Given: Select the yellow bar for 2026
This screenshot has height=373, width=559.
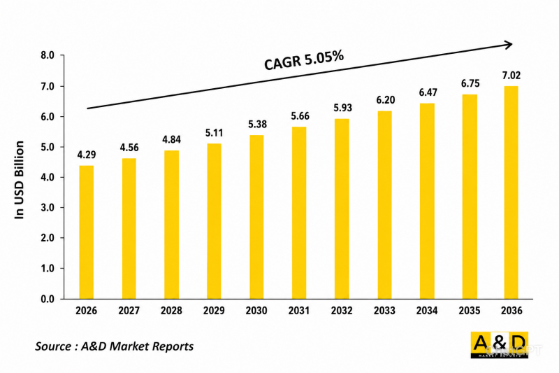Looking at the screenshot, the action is pyautogui.click(x=86, y=232).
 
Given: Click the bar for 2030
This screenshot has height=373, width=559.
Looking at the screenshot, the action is pyautogui.click(x=256, y=217).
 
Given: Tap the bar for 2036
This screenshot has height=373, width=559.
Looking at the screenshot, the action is pyautogui.click(x=511, y=192).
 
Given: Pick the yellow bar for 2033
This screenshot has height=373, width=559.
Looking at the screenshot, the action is pyautogui.click(x=384, y=205).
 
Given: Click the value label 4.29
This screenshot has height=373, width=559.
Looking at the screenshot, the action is pyautogui.click(x=87, y=155).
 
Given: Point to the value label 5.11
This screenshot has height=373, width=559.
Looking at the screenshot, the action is pyautogui.click(x=214, y=133).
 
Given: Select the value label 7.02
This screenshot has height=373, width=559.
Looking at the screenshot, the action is pyautogui.click(x=511, y=76).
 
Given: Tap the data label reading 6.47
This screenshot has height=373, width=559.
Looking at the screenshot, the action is pyautogui.click(x=428, y=92).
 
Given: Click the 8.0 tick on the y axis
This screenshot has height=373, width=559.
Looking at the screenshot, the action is pyautogui.click(x=48, y=55).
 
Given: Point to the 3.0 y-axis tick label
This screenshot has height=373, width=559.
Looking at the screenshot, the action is pyautogui.click(x=48, y=208).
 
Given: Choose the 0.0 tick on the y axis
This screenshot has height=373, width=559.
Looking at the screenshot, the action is pyautogui.click(x=48, y=299).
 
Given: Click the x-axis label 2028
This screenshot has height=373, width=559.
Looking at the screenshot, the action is pyautogui.click(x=171, y=311).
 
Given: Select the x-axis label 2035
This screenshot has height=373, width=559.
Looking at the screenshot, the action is pyautogui.click(x=470, y=311).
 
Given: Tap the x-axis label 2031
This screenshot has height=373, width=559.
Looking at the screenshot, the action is pyautogui.click(x=299, y=311).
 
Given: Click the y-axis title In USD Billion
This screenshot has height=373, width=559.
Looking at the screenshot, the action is pyautogui.click(x=20, y=180).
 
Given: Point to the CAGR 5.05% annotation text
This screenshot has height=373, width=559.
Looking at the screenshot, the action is pyautogui.click(x=304, y=60).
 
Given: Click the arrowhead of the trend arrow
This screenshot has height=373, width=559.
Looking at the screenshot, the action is pyautogui.click(x=509, y=45).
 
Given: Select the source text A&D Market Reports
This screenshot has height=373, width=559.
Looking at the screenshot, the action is pyautogui.click(x=137, y=346).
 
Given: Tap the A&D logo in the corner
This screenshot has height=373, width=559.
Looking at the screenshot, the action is pyautogui.click(x=499, y=345).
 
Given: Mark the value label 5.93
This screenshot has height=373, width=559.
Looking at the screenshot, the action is pyautogui.click(x=342, y=108).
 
